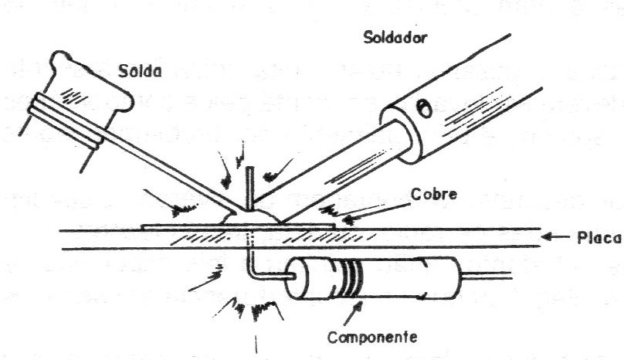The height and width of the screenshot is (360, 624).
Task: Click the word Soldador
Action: pos(395,37)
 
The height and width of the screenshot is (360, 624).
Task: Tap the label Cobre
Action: pos(433,195)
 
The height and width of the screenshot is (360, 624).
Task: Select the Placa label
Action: pos(599,238)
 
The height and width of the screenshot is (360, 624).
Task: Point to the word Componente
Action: pos(372,337)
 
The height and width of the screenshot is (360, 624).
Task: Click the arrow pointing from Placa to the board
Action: pos(555,237)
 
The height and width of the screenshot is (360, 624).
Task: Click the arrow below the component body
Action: pos(353,313)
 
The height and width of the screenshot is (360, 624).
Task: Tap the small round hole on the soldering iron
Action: pos(424,108)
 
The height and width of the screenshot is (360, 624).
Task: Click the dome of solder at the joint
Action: pos(250,217)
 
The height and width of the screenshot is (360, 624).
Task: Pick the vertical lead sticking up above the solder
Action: pos(249,188)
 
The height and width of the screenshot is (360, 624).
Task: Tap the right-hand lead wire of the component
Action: pos(486,276)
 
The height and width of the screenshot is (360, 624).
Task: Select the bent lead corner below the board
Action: pos(253,273)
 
